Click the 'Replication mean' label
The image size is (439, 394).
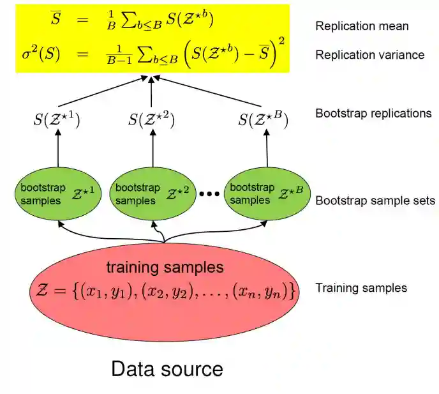pos(362,26)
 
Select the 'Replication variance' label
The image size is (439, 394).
pos(369,55)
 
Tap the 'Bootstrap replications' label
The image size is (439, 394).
pos(373,113)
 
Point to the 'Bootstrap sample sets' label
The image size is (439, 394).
pos(375,201)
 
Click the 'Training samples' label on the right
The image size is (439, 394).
pos(361,288)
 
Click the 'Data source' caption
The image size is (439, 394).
pos(167,369)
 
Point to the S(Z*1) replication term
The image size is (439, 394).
pos(58,119)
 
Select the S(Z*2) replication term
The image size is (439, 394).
pos(151,119)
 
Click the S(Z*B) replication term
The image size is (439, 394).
pos(262,119)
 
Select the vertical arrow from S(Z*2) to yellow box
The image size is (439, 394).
pos(151,93)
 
